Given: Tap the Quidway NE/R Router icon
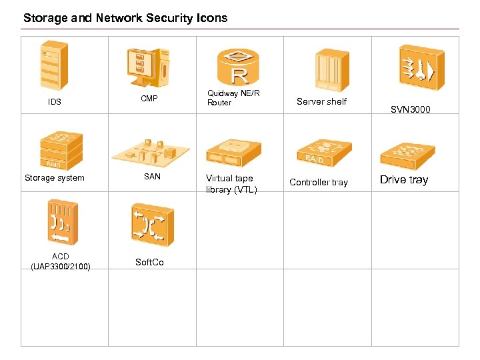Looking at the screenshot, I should click(237, 67).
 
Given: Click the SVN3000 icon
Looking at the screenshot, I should click(421, 68).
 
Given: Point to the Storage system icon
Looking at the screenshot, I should click(61, 149).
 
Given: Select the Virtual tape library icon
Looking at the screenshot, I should click(233, 153).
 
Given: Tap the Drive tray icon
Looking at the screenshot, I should click(407, 155).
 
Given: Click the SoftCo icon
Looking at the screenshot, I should click(153, 225).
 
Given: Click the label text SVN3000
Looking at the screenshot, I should click(410, 109).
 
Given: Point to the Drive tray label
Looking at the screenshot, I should click(404, 180).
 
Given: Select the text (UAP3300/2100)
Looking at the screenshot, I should click(61, 267).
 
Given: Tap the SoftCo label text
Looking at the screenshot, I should click(149, 262).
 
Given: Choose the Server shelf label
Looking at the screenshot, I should click(321, 102).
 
